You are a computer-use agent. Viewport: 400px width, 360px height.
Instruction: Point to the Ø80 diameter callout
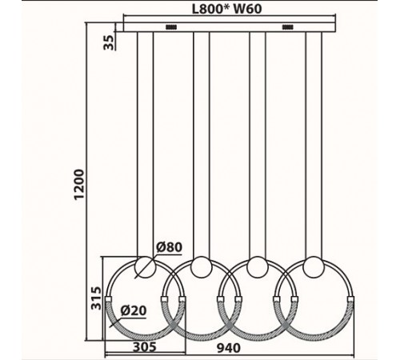pyautogui.click(x=170, y=247)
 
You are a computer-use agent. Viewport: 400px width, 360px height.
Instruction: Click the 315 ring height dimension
pyautogui.click(x=97, y=298)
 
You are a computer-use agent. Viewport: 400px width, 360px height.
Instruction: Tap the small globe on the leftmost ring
pyautogui.click(x=145, y=266)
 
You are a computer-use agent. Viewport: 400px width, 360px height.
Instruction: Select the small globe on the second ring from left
pyautogui.click(x=201, y=266)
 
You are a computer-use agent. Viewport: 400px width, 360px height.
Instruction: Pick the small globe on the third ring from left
pyautogui.click(x=257, y=266)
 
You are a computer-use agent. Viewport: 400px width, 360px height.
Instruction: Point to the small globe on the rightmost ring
pyautogui.click(x=313, y=266)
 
